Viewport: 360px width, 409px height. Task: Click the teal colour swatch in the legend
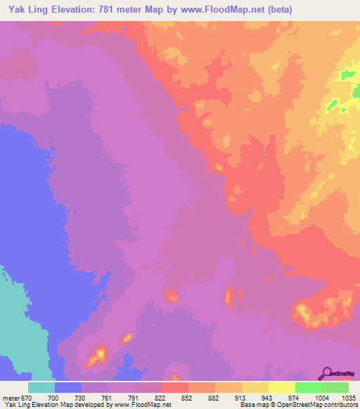tap(41, 387)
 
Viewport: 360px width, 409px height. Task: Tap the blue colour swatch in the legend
tap(68, 387)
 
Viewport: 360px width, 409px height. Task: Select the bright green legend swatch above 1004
tap(309, 387)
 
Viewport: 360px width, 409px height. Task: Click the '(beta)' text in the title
tap(280, 10)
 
